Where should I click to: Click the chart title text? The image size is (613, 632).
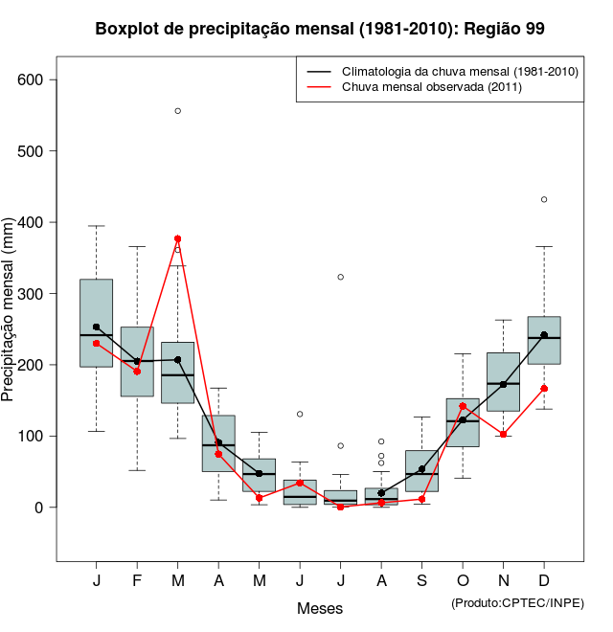320,29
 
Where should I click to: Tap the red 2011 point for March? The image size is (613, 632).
178,238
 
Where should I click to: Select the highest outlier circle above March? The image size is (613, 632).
178,111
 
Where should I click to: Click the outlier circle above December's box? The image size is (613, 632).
544,199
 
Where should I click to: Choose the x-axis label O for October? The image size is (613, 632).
463,581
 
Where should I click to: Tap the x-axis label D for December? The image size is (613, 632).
544,581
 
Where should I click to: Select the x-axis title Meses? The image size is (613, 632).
320,608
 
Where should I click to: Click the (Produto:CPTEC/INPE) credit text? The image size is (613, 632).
517,602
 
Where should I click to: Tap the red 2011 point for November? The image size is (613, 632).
504,434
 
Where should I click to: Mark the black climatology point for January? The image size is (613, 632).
97,327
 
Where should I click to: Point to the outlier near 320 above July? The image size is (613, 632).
341,277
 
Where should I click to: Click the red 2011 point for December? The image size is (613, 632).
544,389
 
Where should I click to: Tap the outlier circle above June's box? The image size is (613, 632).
300,414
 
